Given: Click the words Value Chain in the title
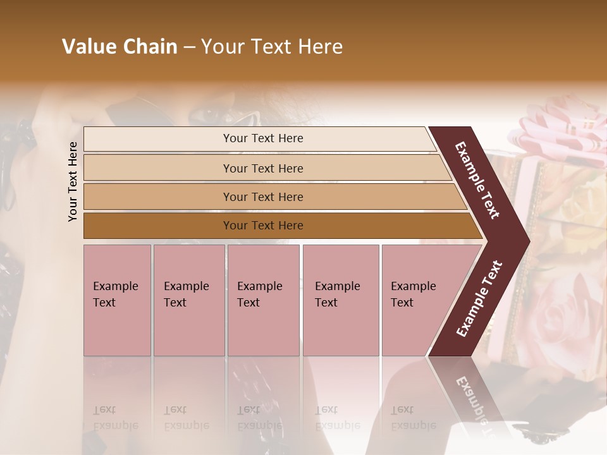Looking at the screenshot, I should (x=120, y=47).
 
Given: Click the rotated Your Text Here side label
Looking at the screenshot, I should (x=73, y=181).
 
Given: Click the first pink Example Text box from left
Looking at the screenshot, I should (x=117, y=300).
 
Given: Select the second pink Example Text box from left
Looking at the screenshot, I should (x=188, y=300).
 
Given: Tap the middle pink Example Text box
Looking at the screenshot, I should (x=263, y=300).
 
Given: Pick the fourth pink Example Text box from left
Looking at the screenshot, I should (x=340, y=300).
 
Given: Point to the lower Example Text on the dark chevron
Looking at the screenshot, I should (x=479, y=299).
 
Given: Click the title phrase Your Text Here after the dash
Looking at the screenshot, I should (x=272, y=47).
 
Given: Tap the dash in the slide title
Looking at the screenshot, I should (x=189, y=47).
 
